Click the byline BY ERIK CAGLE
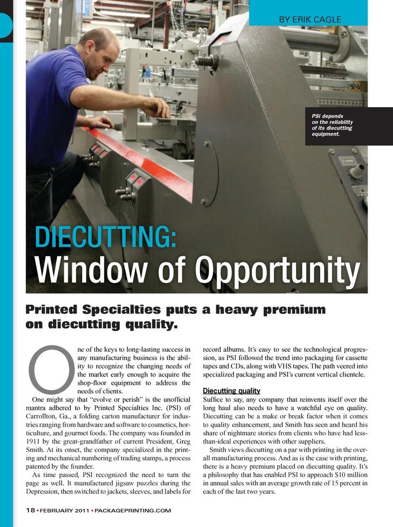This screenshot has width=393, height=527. (x=310, y=19)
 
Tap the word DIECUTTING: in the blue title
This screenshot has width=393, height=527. (x=106, y=237)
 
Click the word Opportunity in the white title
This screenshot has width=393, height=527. (x=277, y=271)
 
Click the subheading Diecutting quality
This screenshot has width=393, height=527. (x=231, y=391)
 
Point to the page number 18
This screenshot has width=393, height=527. (x=30, y=510)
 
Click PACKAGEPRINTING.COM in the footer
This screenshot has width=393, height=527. (x=133, y=511)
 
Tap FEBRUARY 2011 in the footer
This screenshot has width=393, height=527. (x=64, y=511)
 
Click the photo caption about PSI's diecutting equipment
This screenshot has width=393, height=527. (x=332, y=125)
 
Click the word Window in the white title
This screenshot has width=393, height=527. (x=90, y=271)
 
